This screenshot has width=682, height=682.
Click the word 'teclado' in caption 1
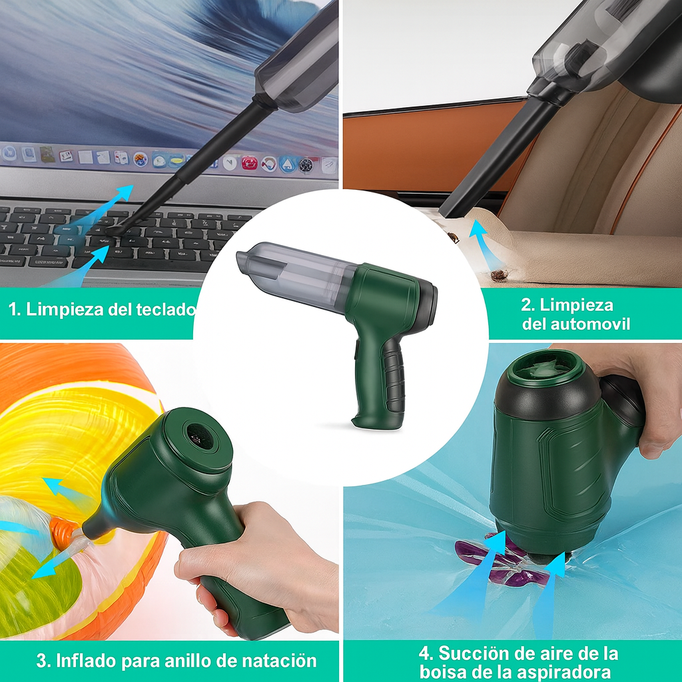(x=165, y=309)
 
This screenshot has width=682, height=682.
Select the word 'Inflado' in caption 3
(x=87, y=661)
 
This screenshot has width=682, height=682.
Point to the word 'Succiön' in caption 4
(x=472, y=653)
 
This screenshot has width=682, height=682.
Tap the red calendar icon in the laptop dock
(x=249, y=163)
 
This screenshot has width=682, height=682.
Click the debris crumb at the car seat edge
(x=500, y=274)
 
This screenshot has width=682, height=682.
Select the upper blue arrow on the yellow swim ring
(x=65, y=489)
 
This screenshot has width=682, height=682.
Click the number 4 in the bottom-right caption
(x=424, y=654)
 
